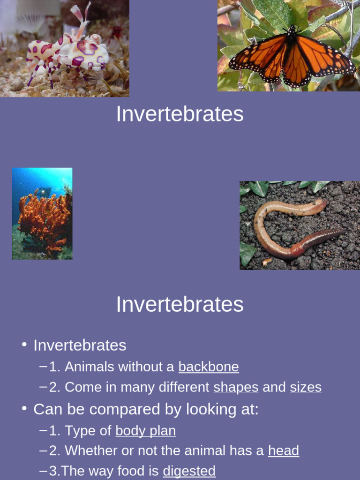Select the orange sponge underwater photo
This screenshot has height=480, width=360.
point(42,213)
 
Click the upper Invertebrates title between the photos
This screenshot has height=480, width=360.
point(180,114)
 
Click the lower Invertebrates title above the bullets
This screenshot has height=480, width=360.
point(180,304)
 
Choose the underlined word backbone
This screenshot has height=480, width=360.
point(209,367)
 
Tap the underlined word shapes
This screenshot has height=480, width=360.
point(236,387)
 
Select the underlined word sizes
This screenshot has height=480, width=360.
point(306,387)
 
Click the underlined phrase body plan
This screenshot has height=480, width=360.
point(145,430)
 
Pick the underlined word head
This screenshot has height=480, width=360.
point(283,450)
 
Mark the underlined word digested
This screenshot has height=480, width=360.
point(189,471)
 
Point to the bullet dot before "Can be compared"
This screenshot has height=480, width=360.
point(24,408)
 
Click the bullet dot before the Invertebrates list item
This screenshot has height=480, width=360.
point(24,345)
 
